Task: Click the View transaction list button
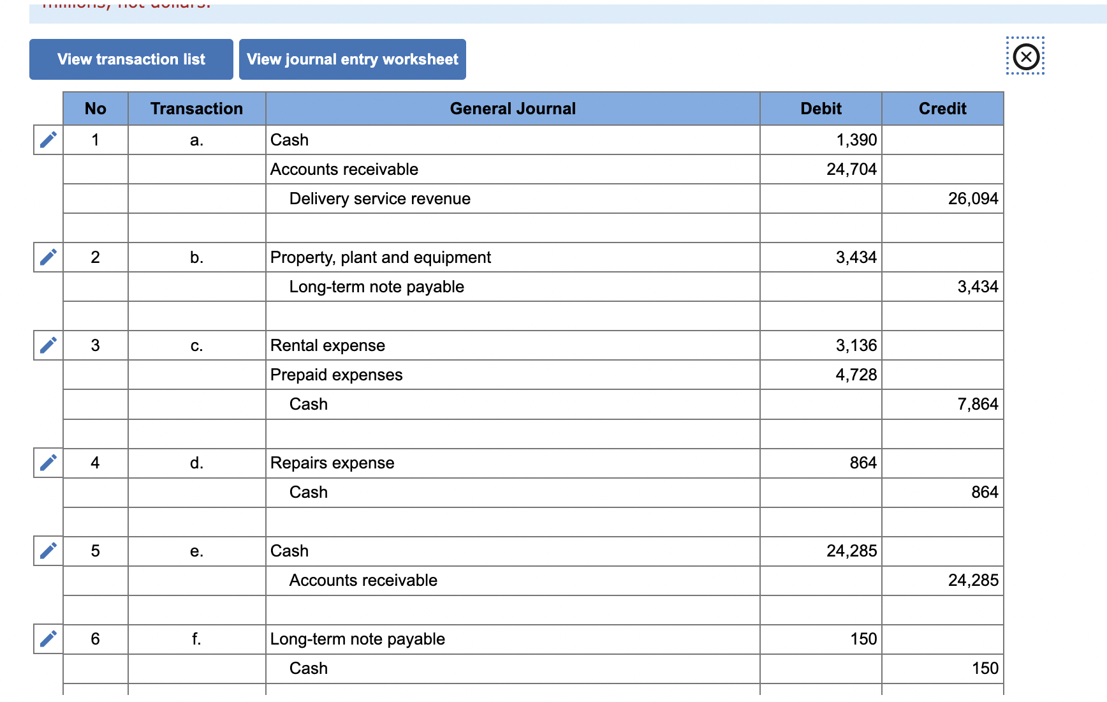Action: tap(131, 59)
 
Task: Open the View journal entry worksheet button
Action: tap(352, 59)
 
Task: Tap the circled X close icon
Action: tap(1025, 57)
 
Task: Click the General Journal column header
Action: tap(513, 108)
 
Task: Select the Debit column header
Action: tap(821, 108)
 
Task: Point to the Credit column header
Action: tap(942, 108)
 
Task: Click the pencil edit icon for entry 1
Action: tap(48, 140)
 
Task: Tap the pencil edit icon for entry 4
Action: tap(48, 463)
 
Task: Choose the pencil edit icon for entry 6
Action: tap(48, 639)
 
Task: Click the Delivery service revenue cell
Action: tap(380, 198)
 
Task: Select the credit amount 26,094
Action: tap(972, 198)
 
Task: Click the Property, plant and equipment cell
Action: tap(381, 257)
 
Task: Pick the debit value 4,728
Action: tap(856, 375)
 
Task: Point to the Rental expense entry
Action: tap(328, 345)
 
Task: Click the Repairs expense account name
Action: tap(332, 463)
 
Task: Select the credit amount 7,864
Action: tap(978, 404)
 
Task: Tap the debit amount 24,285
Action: tap(851, 551)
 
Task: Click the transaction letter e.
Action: tap(196, 551)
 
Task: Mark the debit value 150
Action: tap(863, 639)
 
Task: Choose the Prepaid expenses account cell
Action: tap(337, 375)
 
